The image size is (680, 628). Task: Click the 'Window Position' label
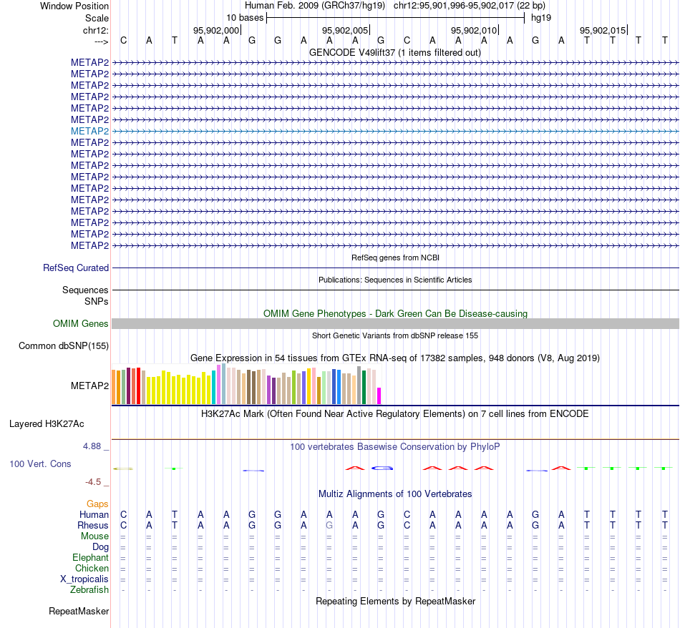click(74, 6)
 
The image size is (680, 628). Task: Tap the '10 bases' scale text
click(245, 18)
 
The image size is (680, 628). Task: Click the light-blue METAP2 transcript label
click(90, 131)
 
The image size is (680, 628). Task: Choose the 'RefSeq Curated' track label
click(76, 268)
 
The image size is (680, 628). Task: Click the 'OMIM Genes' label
click(81, 324)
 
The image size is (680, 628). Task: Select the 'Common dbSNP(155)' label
click(63, 346)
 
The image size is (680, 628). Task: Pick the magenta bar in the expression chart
click(379, 396)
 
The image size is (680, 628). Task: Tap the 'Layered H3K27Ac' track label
click(47, 423)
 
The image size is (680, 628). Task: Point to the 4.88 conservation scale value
click(96, 446)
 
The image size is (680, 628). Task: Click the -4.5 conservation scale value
click(97, 482)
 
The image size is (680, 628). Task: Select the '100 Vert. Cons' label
click(40, 464)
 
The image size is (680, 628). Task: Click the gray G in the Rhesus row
click(329, 525)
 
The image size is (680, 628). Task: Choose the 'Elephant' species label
click(91, 557)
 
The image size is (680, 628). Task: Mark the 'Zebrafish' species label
click(89, 589)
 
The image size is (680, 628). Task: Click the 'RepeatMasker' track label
click(79, 612)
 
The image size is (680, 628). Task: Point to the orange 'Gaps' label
click(97, 504)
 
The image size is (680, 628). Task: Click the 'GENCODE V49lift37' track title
click(394, 52)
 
